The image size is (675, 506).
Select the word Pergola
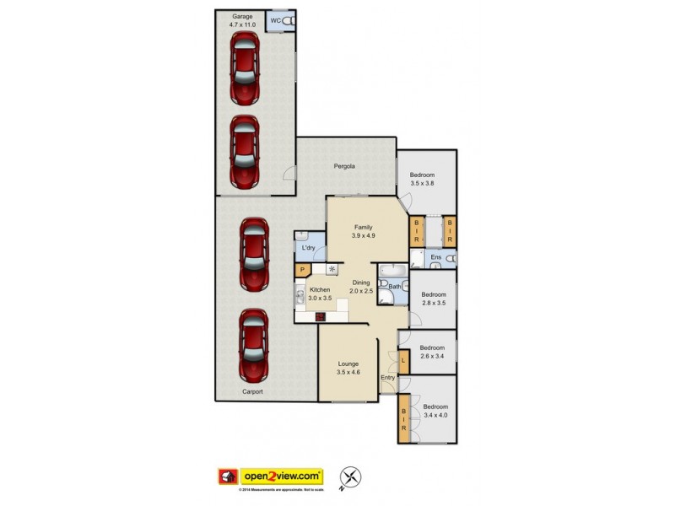(343, 166)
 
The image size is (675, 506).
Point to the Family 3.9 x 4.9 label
(363, 232)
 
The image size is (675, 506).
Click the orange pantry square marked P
(301, 270)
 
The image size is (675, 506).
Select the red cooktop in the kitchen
(321, 317)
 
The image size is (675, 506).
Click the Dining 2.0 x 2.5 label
(361, 287)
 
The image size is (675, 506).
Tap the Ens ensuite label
(436, 256)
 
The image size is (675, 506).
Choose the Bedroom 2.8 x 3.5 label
(433, 299)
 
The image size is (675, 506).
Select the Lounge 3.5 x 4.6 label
(348, 368)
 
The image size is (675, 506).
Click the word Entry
(388, 377)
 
